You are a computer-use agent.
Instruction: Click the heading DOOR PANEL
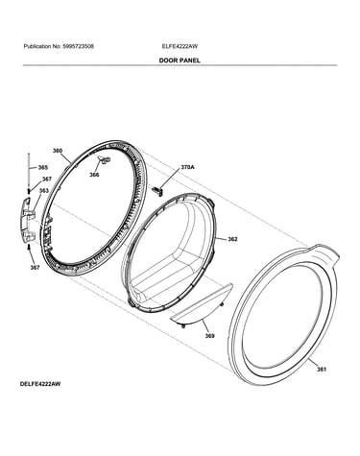point(180,60)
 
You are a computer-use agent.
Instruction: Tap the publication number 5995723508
point(79,46)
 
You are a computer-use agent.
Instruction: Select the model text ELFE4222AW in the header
point(180,46)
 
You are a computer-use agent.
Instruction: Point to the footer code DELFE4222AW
point(40,384)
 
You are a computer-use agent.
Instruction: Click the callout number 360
point(58,151)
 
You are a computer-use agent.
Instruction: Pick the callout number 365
point(43,167)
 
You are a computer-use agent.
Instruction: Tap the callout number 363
point(44,191)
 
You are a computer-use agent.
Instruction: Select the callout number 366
point(94,175)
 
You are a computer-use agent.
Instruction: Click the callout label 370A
point(188,167)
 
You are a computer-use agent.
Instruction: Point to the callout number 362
point(232,239)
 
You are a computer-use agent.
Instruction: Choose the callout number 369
point(210,336)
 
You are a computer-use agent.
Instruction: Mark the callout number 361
point(322,369)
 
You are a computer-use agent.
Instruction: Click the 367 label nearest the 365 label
point(47,180)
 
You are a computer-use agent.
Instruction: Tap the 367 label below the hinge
point(35,268)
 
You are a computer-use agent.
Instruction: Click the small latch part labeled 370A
point(157,190)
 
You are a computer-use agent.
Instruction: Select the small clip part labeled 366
point(105,159)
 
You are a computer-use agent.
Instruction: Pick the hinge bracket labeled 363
point(27,220)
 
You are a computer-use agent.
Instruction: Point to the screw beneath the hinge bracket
point(30,247)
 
